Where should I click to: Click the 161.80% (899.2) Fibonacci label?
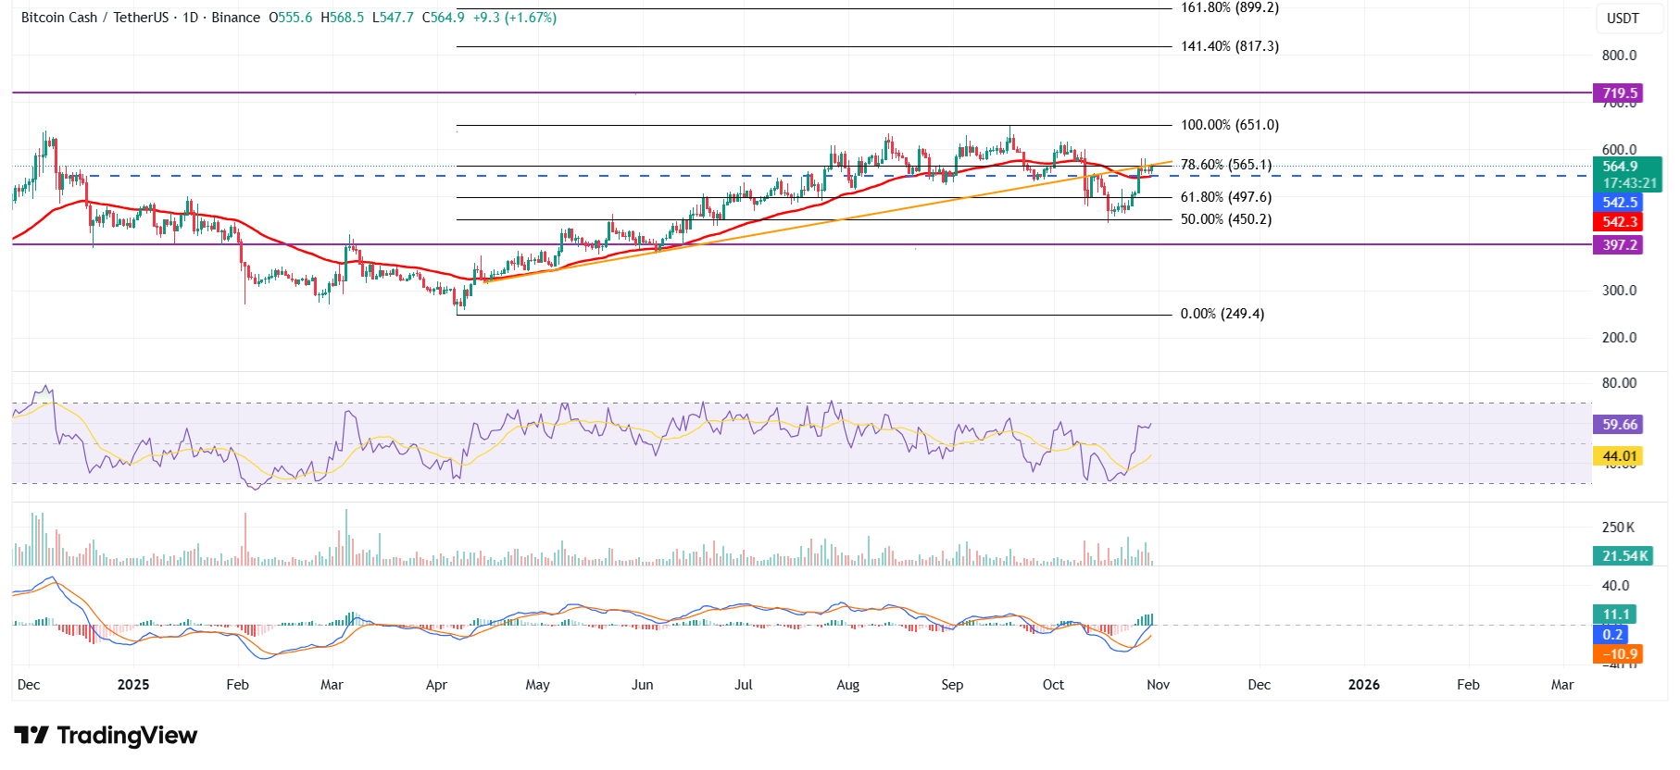[1229, 7]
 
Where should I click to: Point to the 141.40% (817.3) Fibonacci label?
[1229, 46]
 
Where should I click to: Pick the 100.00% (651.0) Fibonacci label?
[1229, 125]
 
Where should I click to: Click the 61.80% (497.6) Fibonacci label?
[1225, 197]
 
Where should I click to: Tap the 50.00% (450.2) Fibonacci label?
[1225, 219]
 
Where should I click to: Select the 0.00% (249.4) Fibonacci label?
[1222, 314]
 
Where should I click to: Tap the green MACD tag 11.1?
[1616, 615]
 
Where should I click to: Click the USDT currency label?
[1623, 19]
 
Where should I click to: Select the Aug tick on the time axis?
[847, 685]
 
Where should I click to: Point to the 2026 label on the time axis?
[1363, 685]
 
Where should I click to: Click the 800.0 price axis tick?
[1619, 56]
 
